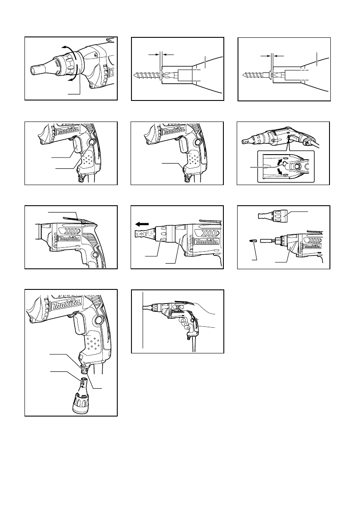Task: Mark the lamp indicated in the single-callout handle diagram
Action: [x=185, y=168]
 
